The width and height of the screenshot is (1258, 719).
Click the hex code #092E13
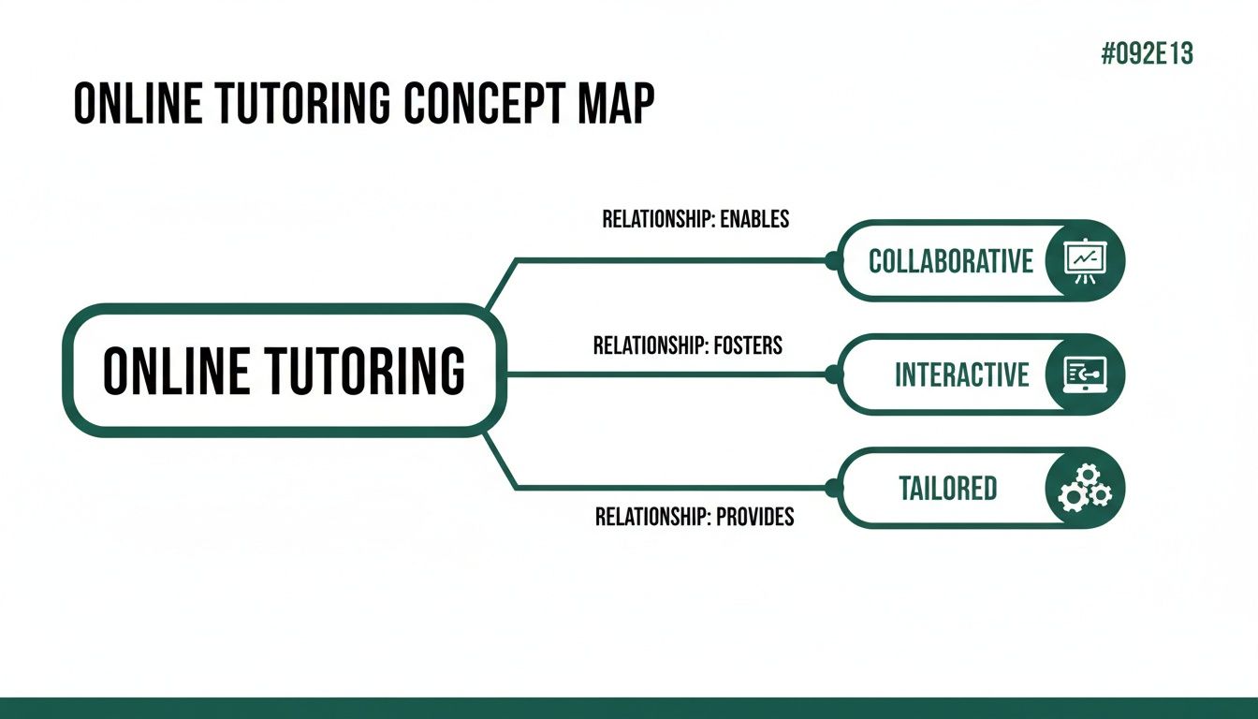click(x=1148, y=54)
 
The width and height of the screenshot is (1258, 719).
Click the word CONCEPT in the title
click(x=482, y=104)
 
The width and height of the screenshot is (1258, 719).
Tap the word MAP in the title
click(x=615, y=104)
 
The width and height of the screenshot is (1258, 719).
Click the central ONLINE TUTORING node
click(x=284, y=370)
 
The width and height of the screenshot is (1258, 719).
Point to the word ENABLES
click(x=754, y=219)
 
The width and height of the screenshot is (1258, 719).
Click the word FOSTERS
click(x=747, y=345)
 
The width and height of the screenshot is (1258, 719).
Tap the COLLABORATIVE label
click(x=951, y=260)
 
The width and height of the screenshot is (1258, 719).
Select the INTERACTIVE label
click(x=961, y=374)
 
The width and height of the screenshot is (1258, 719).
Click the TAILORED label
click(x=947, y=488)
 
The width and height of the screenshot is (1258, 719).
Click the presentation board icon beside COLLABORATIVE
click(x=1086, y=260)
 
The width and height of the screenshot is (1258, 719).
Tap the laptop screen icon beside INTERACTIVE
click(x=1086, y=374)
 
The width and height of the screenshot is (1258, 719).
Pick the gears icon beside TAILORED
click(x=1085, y=489)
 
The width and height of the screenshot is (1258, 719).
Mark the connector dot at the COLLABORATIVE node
click(x=831, y=261)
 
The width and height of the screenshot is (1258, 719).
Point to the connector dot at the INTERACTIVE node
click(x=831, y=374)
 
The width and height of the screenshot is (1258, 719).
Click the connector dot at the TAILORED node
click(x=831, y=487)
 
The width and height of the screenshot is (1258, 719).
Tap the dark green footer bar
click(x=629, y=708)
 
